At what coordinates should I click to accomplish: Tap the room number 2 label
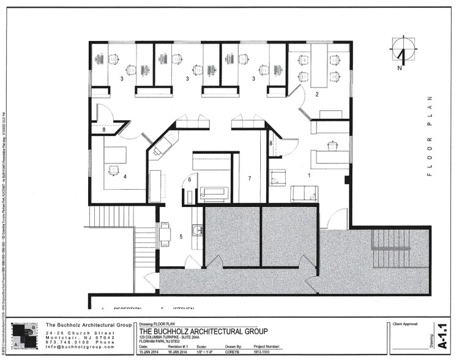(317, 94)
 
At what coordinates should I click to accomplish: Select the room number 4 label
(124, 177)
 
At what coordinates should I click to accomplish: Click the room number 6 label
(190, 179)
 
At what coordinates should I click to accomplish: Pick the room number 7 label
(249, 178)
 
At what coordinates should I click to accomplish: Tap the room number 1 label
(309, 176)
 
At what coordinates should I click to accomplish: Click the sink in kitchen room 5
(196, 230)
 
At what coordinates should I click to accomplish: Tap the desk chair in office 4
(113, 170)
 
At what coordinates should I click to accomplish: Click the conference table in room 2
(318, 67)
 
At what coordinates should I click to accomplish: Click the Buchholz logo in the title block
(23, 336)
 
